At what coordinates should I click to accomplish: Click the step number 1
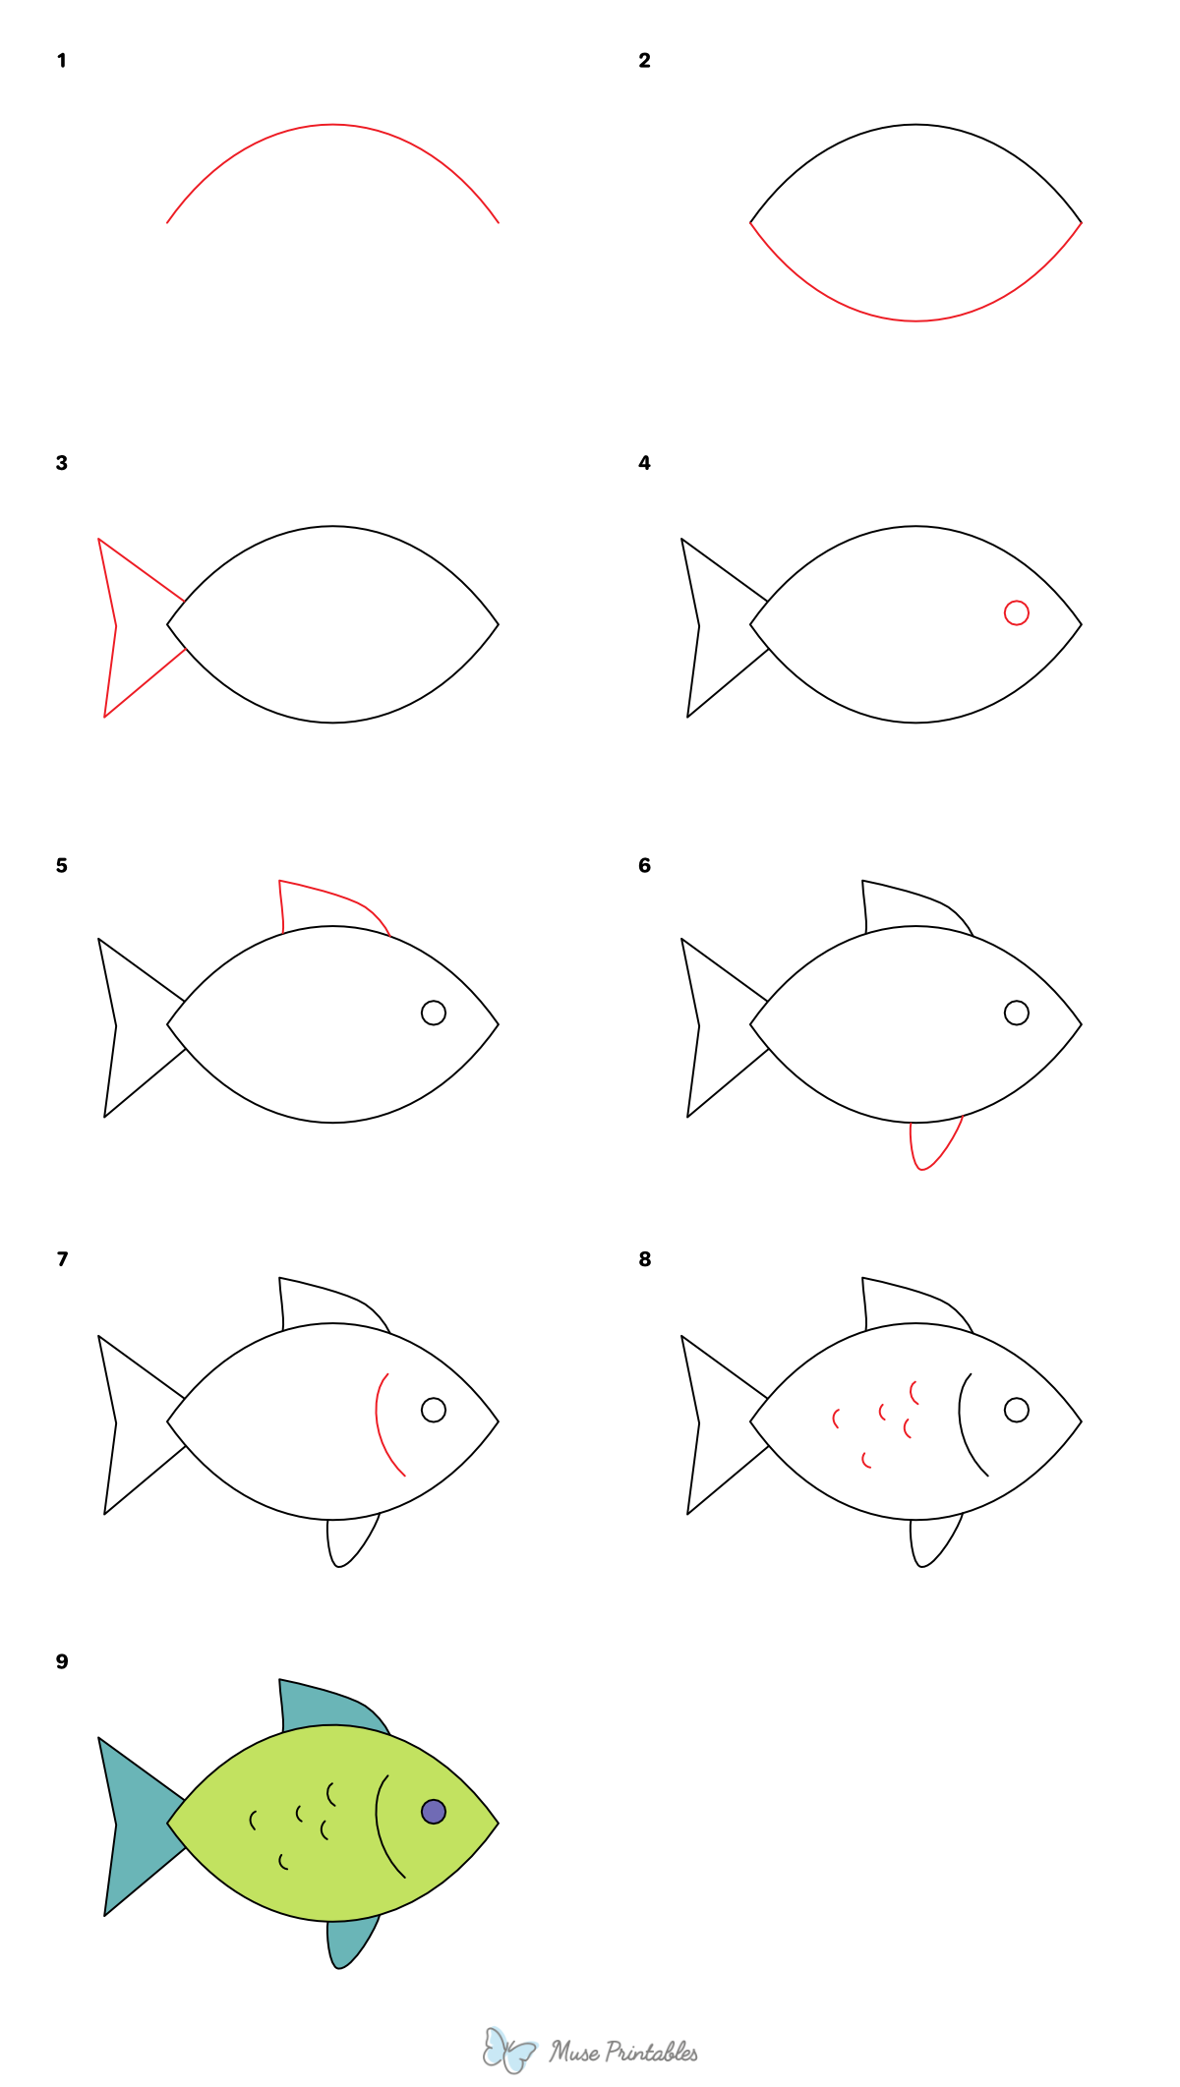click(x=62, y=61)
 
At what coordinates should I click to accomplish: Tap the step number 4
click(x=644, y=463)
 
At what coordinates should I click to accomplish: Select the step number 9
click(x=62, y=1661)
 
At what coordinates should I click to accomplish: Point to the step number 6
click(x=644, y=865)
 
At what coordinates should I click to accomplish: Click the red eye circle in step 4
click(x=1016, y=612)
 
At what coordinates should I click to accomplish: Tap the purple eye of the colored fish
click(x=434, y=1811)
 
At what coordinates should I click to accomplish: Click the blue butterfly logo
click(x=508, y=2050)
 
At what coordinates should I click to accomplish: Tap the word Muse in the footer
click(x=574, y=2052)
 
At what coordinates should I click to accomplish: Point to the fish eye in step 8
click(x=1016, y=1410)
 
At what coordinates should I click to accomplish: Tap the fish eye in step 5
click(x=434, y=1013)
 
